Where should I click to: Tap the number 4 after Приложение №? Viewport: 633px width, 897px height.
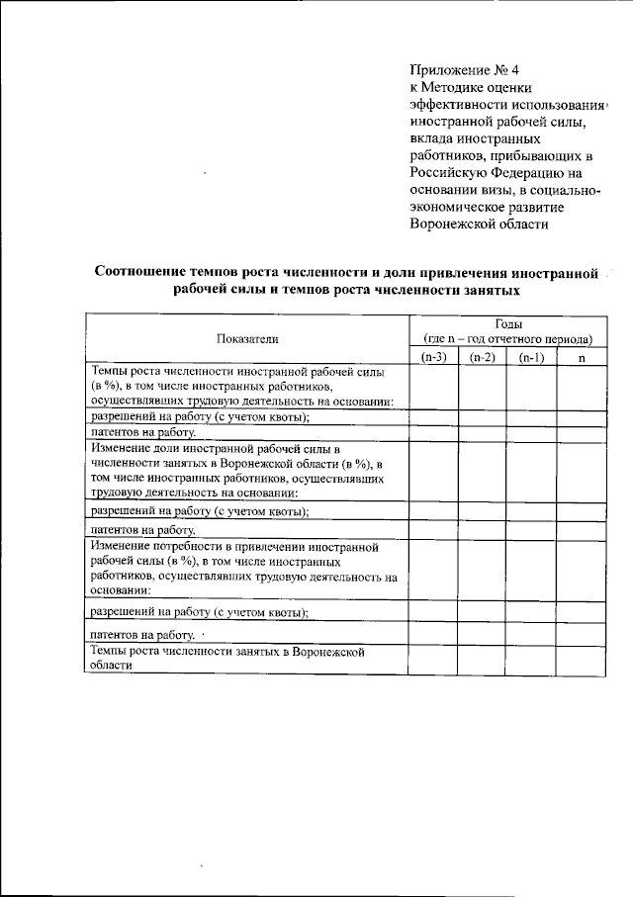515,70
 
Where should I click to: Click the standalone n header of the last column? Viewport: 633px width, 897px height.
582,357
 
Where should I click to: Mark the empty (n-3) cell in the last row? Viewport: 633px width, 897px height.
433,660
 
